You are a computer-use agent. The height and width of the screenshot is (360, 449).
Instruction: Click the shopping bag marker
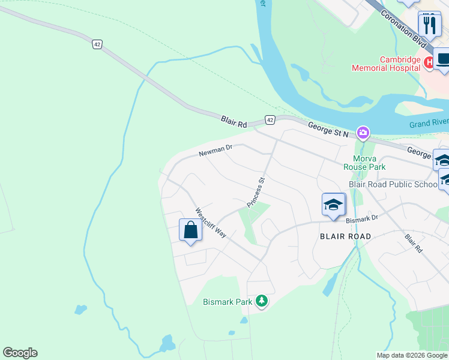tap(190, 230)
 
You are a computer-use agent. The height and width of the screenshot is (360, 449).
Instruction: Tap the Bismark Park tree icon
tap(261, 301)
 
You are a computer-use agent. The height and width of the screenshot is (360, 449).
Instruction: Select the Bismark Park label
tap(228, 302)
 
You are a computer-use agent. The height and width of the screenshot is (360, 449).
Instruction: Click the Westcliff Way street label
tap(210, 223)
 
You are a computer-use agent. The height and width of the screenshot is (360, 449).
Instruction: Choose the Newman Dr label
tap(215, 151)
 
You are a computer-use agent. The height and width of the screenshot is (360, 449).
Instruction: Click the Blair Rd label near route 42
tap(234, 123)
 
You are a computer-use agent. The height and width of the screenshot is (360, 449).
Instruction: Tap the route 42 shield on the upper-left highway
tap(97, 44)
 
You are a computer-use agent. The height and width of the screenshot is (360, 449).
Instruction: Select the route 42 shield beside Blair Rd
tap(270, 121)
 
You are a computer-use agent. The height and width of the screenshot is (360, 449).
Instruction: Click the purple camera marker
tap(363, 132)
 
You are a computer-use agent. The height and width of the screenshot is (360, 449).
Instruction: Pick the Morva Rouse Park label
tap(364, 162)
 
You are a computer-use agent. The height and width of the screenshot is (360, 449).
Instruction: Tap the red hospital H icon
tap(429, 62)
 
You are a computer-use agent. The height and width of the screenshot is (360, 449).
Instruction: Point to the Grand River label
tap(429, 124)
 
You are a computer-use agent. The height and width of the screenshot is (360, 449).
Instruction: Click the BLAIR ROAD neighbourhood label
tap(345, 236)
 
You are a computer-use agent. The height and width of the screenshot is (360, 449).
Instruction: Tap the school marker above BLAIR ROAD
tap(334, 205)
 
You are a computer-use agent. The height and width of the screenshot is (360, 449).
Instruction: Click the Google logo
tap(20, 353)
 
